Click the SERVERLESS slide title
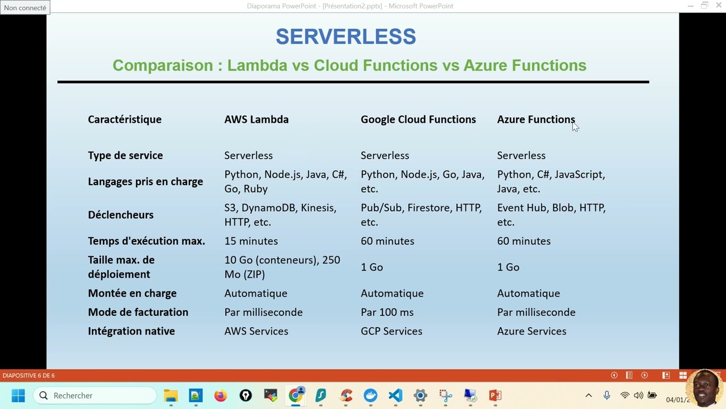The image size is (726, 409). (345, 37)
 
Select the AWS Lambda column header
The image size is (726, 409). (256, 119)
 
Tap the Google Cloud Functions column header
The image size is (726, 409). (418, 119)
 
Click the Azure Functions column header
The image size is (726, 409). (535, 119)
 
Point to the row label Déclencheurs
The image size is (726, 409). (121, 215)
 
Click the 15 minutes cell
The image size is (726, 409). (251, 241)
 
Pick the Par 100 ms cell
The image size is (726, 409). (387, 312)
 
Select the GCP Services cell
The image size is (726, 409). (391, 331)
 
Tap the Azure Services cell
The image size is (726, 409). (531, 331)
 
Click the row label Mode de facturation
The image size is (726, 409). (138, 312)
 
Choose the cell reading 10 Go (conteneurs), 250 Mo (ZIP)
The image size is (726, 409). (282, 267)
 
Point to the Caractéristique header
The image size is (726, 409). (125, 119)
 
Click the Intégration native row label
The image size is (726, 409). (131, 331)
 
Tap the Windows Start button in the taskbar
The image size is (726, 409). (18, 395)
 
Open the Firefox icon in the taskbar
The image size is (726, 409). (221, 395)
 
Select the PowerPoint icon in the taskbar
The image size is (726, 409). (495, 395)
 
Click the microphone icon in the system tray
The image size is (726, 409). (607, 395)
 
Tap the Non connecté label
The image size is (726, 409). (25, 8)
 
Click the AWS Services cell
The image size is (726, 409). (256, 331)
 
